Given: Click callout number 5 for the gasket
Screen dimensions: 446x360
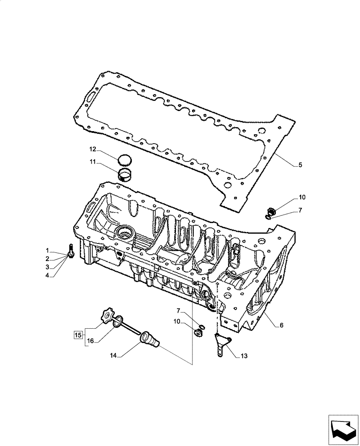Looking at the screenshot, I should (x=300, y=165).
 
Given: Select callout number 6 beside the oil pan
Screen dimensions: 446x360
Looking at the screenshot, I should (x=281, y=325).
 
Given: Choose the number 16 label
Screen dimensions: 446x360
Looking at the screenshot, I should (x=91, y=341).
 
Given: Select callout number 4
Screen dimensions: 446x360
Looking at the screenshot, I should (x=47, y=276).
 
